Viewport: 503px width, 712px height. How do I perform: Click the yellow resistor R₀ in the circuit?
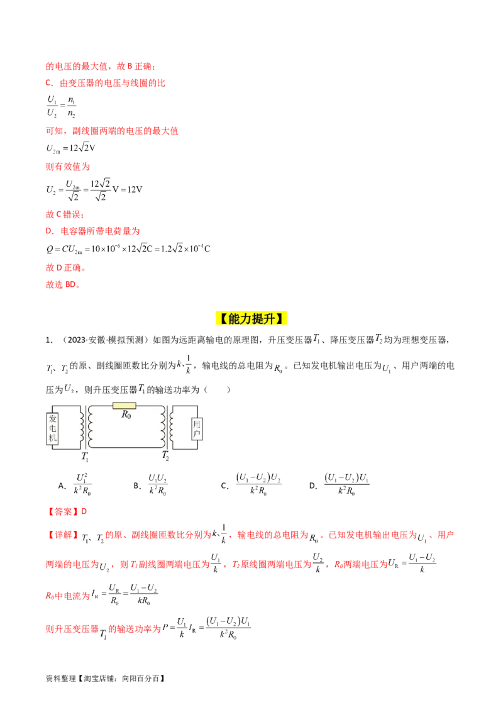(x=124, y=406)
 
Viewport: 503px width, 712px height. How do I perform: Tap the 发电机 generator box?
(x=53, y=428)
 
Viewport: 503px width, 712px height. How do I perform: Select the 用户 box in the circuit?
(x=197, y=429)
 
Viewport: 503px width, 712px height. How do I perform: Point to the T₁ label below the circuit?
(x=85, y=457)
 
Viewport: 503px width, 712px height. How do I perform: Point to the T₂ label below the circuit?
(x=165, y=455)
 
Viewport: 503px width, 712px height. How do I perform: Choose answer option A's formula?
(x=82, y=484)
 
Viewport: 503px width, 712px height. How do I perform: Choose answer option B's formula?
(x=158, y=484)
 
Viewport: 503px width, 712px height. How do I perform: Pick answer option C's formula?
(x=258, y=484)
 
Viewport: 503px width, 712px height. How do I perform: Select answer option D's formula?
(x=347, y=484)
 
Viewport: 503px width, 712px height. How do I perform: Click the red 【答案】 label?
(x=63, y=512)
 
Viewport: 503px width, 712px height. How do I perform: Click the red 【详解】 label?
(x=63, y=535)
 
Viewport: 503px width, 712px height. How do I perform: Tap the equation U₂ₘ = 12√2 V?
(x=70, y=148)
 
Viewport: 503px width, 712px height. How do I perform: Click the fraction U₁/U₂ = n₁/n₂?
(x=61, y=106)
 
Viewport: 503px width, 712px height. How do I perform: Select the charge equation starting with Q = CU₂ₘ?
(x=128, y=248)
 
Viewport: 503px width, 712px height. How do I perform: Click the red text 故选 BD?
(x=63, y=285)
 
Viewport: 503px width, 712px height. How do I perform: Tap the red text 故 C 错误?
(x=65, y=214)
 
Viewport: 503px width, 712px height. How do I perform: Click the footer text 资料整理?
(x=61, y=679)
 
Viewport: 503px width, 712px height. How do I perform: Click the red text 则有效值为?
(x=68, y=167)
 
